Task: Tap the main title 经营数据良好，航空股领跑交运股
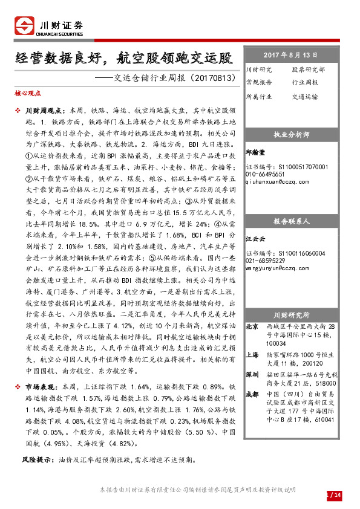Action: [x=123, y=58]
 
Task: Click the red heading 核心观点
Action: [x=27, y=94]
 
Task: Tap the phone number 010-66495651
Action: [x=267, y=173]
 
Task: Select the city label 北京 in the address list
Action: [x=252, y=326]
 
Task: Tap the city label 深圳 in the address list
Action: [x=252, y=374]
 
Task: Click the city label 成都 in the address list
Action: [x=252, y=394]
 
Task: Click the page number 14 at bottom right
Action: [x=338, y=496]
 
